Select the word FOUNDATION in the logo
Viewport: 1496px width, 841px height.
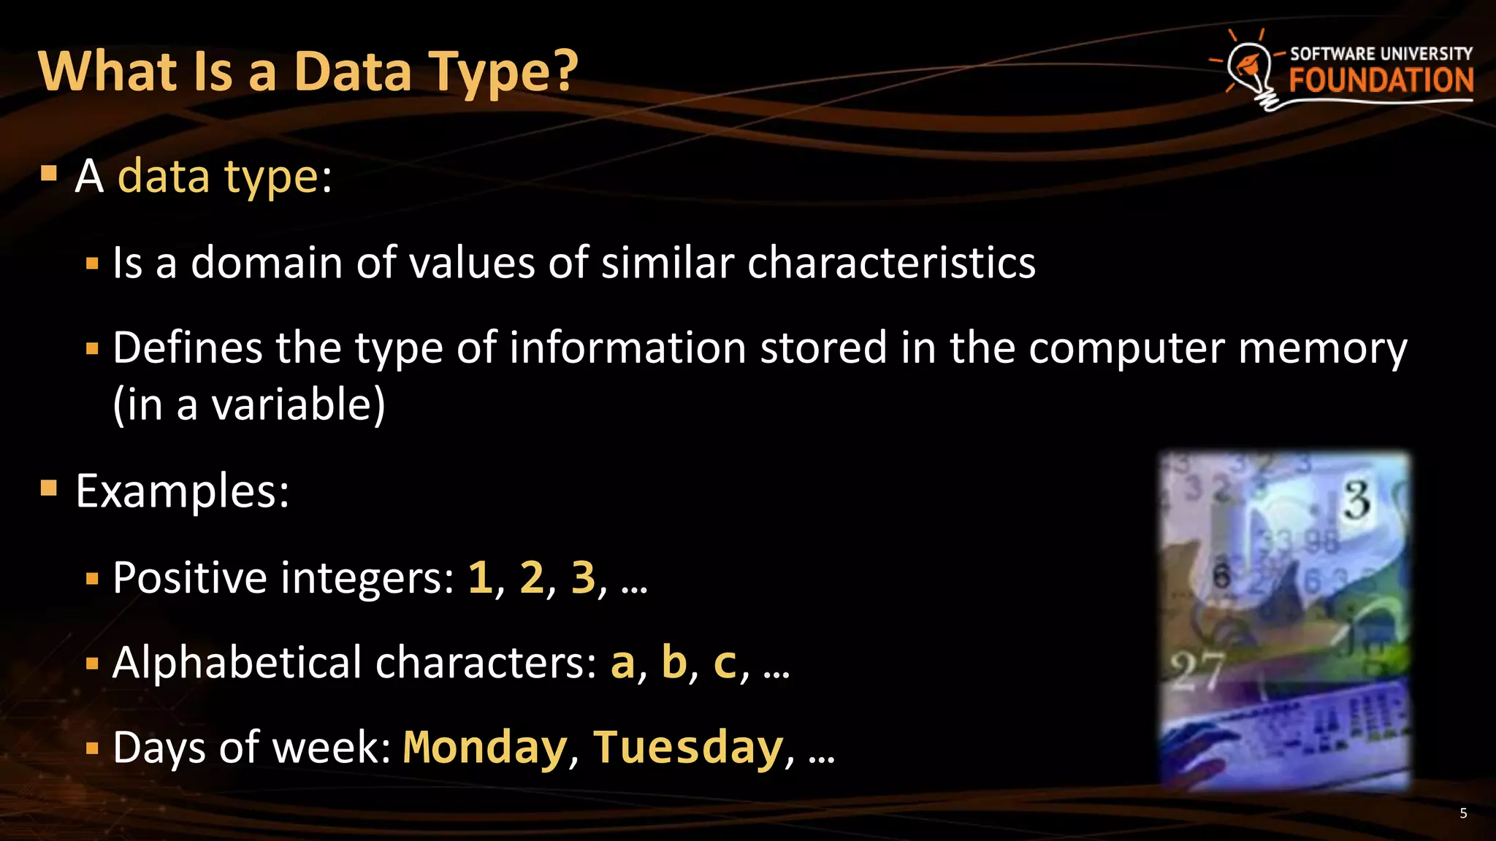pyautogui.click(x=1381, y=80)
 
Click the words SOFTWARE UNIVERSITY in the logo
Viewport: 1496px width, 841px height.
pyautogui.click(x=1381, y=53)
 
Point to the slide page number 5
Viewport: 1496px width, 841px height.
pyautogui.click(x=1463, y=813)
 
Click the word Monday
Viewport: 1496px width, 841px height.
pyautogui.click(x=485, y=748)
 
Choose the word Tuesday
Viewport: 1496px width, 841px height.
pyautogui.click(x=688, y=748)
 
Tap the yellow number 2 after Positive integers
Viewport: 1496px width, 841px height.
pyautogui.click(x=532, y=577)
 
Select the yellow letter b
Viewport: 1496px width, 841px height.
pyautogui.click(x=673, y=662)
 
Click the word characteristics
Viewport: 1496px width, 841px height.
pyautogui.click(x=891, y=262)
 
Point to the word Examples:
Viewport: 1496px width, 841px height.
pyautogui.click(x=183, y=491)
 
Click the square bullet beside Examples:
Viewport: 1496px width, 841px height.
pyautogui.click(x=49, y=488)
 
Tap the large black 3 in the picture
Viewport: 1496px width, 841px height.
pyautogui.click(x=1357, y=500)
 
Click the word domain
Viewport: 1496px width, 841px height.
pyautogui.click(x=267, y=262)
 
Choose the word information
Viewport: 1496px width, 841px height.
pyautogui.click(x=627, y=347)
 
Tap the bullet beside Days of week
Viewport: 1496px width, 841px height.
pyautogui.click(x=91, y=748)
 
